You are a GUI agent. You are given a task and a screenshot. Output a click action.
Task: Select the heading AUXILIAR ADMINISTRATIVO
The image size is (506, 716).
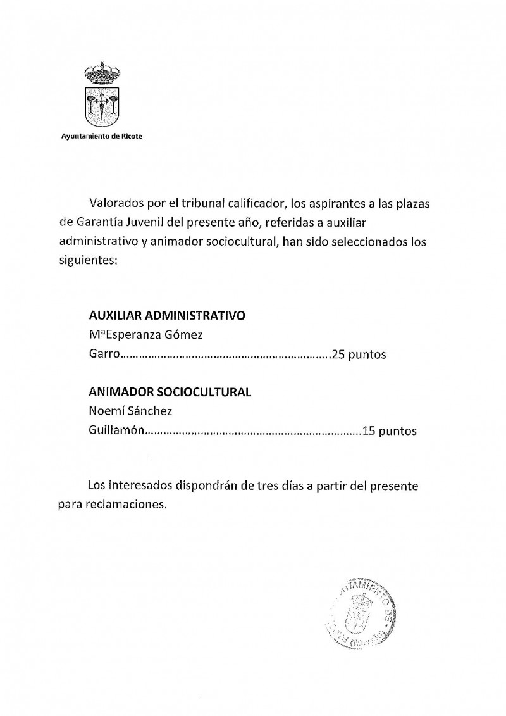[167, 315]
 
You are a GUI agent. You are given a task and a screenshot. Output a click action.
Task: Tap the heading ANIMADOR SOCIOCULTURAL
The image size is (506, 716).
[170, 392]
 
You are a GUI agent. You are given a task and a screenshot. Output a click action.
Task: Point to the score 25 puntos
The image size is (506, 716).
[358, 354]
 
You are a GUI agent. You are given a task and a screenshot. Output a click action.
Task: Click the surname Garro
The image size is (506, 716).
[104, 354]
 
